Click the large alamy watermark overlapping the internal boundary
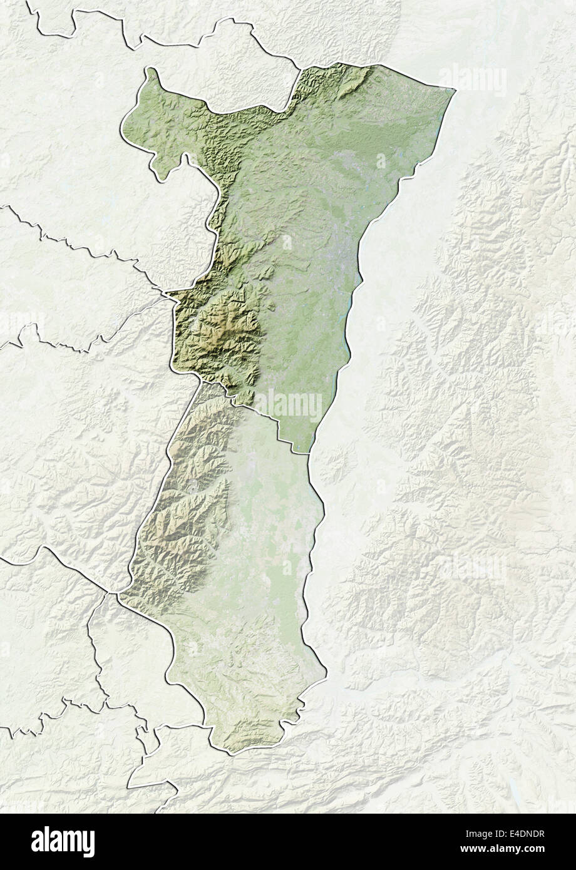click(288, 405)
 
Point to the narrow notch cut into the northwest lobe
click(185, 160)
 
